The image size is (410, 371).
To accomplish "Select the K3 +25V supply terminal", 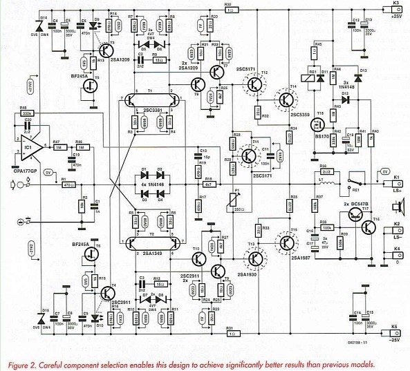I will coord(396,8).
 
